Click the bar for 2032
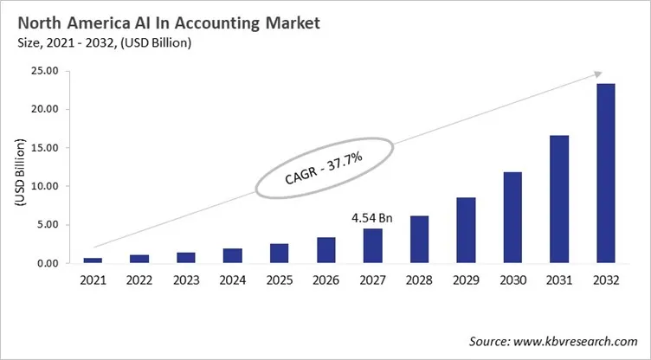click(x=607, y=173)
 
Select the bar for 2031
click(x=560, y=199)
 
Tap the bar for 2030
click(x=513, y=217)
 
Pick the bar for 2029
click(x=467, y=230)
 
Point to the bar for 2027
click(x=373, y=246)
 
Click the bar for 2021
click(x=93, y=260)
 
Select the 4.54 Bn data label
click(x=373, y=218)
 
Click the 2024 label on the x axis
click(x=233, y=281)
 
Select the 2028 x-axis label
click(x=420, y=281)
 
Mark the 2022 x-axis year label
click(x=139, y=281)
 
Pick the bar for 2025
click(x=280, y=253)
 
